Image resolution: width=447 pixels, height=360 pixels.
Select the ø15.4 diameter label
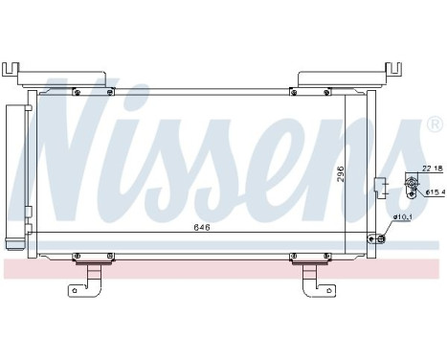click(433, 191)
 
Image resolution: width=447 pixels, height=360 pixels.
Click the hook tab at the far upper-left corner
click(11, 69)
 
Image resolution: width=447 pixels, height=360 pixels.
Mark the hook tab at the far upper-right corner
click(392, 69)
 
